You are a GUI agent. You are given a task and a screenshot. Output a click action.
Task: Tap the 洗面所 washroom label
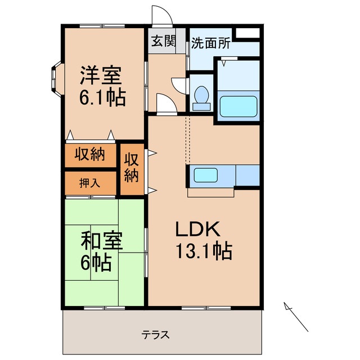[x=210, y=42]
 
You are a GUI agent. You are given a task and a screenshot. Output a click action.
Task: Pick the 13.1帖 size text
[x=204, y=251]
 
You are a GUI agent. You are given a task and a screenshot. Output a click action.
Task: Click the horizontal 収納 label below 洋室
[x=90, y=154]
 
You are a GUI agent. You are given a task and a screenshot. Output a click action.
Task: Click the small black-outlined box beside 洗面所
[x=247, y=32]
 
